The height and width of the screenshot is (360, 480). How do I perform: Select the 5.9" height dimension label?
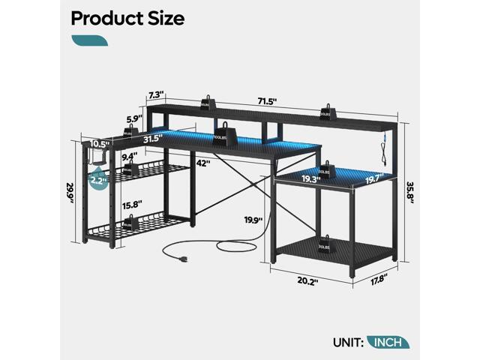pyautogui.click(x=154, y=118)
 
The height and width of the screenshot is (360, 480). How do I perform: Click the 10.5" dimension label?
pyautogui.click(x=97, y=144)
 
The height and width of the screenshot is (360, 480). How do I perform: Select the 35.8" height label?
pyautogui.click(x=408, y=186)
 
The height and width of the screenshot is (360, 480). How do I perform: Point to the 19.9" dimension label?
pyautogui.click(x=255, y=220)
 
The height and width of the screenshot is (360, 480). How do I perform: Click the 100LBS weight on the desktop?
pyautogui.click(x=219, y=139)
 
